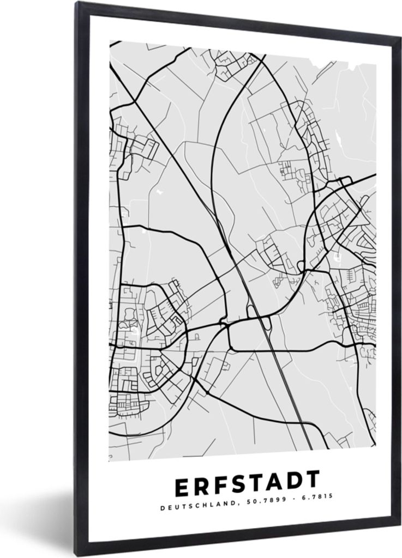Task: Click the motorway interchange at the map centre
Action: click(x=256, y=316)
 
